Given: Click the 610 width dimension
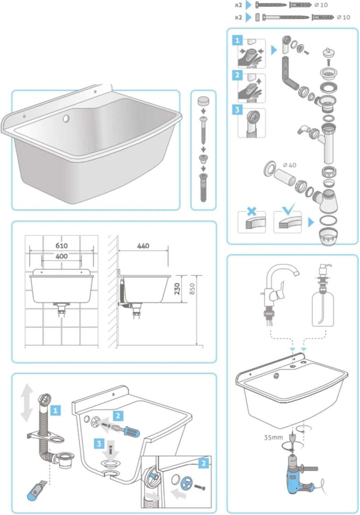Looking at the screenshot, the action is click(61, 245).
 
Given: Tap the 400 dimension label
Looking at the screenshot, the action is click(61, 256).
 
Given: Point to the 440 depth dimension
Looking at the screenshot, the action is click(143, 246).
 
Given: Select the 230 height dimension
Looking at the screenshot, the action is click(177, 289).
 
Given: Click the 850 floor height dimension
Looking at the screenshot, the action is click(192, 289).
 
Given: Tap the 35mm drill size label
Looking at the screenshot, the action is click(273, 437).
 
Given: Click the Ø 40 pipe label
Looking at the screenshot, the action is click(289, 165).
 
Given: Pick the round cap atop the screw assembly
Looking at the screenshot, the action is click(203, 101).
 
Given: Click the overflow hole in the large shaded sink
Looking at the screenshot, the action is click(66, 119).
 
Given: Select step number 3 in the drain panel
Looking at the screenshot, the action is click(237, 110).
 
